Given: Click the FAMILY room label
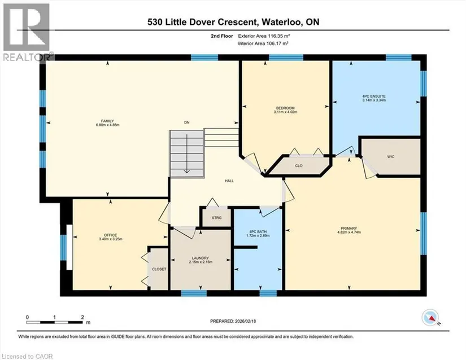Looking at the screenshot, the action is coord(107,121).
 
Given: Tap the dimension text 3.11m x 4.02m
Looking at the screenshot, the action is coord(285,112).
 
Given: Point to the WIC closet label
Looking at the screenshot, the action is coord(391,156).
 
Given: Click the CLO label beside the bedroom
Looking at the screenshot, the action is coord(299,165).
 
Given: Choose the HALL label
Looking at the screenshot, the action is coord(229,181).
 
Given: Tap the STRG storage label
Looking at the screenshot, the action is coord(217,218).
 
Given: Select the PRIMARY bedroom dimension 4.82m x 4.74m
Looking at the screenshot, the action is coord(349,232).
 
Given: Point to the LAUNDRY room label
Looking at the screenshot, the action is coord(201,258).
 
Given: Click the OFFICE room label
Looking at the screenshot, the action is coord(110,235).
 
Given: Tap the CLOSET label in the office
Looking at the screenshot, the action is coord(159,269).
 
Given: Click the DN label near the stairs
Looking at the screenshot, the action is coord(186,122).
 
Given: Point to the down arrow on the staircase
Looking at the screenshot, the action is coord(186,153).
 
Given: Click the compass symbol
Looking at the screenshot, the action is coord(430,317).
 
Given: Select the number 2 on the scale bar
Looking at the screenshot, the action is coord(82,317).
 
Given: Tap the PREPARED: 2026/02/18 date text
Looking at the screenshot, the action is coord(233,321).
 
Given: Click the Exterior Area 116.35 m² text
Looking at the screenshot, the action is coord(264,36).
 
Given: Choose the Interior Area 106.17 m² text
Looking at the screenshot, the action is coord(263,43).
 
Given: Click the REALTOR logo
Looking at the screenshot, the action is coord(27,32).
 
